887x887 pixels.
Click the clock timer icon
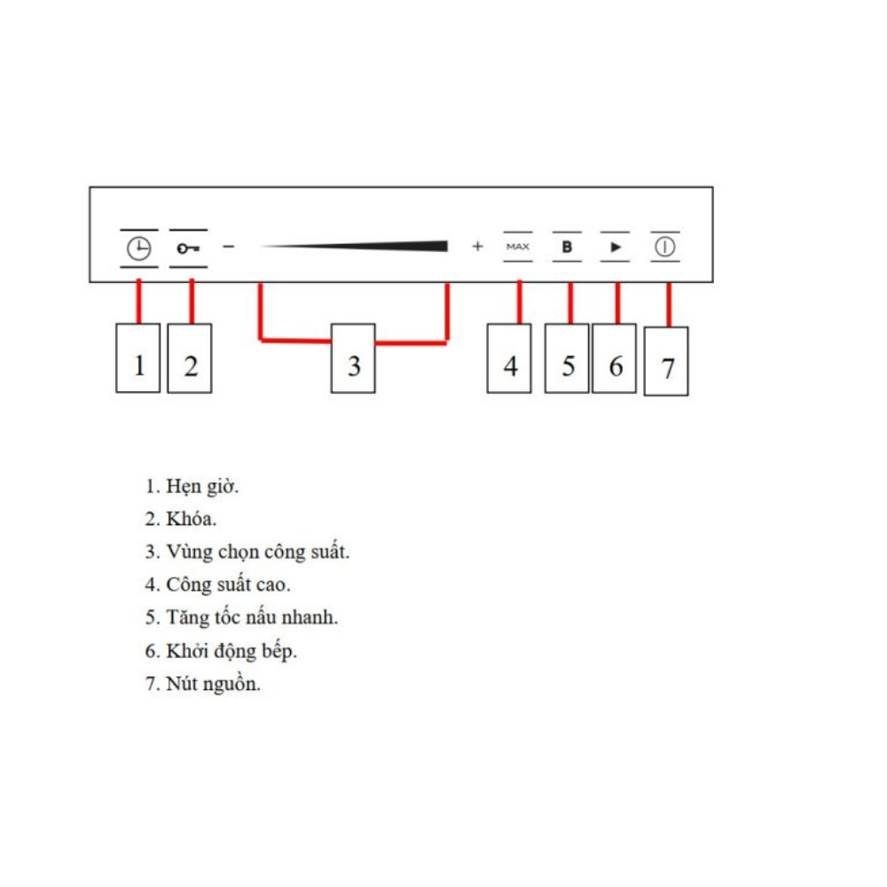pos(138,248)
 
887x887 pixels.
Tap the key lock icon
pos(188,248)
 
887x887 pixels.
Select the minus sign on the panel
pos(229,247)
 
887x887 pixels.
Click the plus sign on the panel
pos(478,246)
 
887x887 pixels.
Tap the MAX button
pos(518,247)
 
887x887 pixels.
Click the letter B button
pos(567,247)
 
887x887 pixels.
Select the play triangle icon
pos(616,247)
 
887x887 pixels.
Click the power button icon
pos(665,247)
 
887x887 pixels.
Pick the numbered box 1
pos(138,358)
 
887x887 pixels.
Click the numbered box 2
pos(190,358)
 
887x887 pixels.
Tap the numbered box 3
pos(353,358)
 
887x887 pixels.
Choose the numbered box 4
pos(509,358)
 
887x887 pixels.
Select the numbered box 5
pos(567,358)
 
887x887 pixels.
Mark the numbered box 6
pos(615,358)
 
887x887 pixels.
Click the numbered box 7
pos(666,361)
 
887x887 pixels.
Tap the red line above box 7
pos(669,304)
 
